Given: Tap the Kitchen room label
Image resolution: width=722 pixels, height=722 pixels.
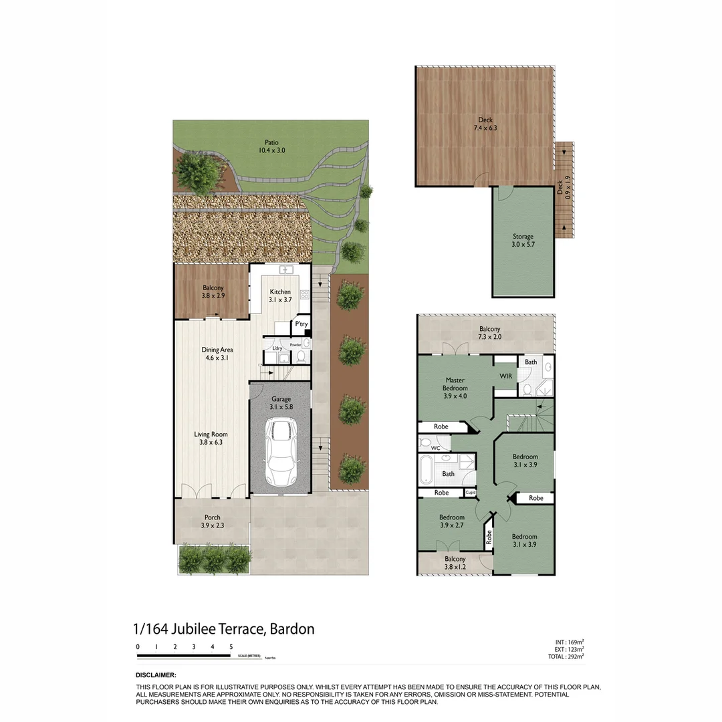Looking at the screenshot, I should click(280, 296).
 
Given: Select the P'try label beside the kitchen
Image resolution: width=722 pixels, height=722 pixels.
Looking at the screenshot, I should click(302, 324).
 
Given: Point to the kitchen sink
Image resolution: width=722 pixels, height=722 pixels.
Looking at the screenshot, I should click(287, 269).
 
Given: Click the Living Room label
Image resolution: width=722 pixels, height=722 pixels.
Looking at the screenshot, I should click(211, 438).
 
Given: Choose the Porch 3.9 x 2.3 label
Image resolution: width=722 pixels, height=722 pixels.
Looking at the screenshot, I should click(213, 521).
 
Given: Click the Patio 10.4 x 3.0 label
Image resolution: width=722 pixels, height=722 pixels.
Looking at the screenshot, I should click(271, 146).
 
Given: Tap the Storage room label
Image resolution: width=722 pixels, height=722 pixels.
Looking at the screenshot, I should click(523, 241).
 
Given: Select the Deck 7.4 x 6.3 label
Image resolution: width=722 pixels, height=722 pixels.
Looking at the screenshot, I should click(485, 124).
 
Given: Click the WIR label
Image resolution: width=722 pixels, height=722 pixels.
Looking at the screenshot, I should click(506, 376).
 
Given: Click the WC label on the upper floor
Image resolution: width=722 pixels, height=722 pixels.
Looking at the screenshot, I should click(435, 448).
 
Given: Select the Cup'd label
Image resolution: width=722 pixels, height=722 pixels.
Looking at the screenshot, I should click(471, 493).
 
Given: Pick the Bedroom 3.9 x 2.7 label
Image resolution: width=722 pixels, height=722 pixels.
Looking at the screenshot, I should click(452, 521).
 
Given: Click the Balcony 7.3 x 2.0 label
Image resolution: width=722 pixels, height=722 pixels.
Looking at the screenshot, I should click(489, 333).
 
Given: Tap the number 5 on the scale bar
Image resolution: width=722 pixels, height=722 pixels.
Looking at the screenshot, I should click(231, 646).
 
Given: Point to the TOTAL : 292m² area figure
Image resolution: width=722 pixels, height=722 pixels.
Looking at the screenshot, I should click(565, 656).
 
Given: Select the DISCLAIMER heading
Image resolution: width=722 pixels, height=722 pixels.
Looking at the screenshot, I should click(156, 675).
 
